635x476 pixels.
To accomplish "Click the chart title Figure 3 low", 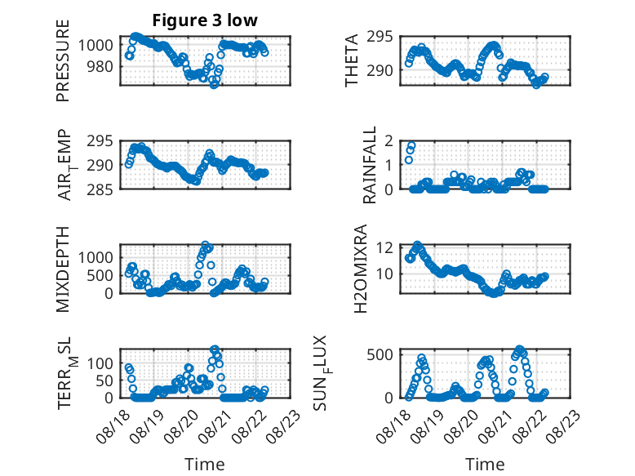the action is [205, 20].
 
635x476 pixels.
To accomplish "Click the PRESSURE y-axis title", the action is [63, 60].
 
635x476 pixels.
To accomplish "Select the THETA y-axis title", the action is [352, 60].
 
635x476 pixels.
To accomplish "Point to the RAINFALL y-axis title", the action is [370, 165].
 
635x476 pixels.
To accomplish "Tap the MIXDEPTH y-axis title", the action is [63, 269].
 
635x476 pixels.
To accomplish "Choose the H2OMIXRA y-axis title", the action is [361, 269].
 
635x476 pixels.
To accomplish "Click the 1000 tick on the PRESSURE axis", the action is [95, 45].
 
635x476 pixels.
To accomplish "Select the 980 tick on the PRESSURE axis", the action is [100, 66].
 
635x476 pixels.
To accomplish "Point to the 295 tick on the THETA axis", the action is [380, 37].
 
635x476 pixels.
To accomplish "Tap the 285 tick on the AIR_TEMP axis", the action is [100, 189].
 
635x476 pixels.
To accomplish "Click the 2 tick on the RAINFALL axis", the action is [389, 141].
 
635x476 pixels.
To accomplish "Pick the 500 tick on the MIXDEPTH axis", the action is [100, 275].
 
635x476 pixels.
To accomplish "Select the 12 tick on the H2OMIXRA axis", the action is [384, 247].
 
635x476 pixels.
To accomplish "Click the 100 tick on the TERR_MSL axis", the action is [100, 363].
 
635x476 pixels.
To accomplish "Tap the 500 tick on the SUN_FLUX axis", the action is [380, 355].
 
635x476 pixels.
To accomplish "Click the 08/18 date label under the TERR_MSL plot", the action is [113, 426].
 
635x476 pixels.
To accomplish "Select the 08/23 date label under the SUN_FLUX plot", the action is [563, 426].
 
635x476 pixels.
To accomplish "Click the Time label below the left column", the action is [205, 465].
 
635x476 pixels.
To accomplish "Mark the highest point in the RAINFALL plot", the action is [411, 146].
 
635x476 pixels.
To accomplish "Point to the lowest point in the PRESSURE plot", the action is [214, 85].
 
